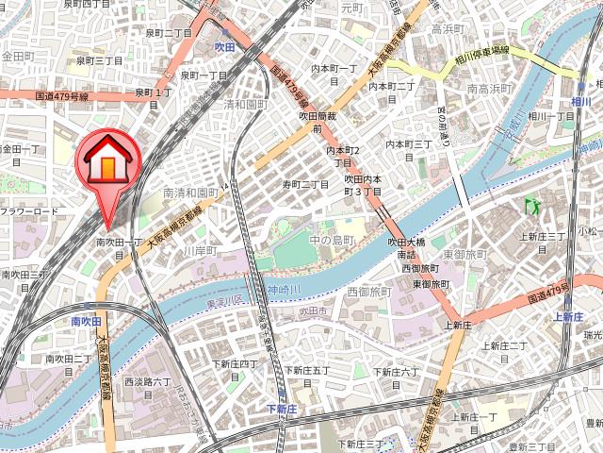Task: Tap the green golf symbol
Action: (529, 204)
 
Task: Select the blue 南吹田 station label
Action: (86, 322)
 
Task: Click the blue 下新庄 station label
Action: (281, 409)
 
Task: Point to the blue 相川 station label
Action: (580, 101)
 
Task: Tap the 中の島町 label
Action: (330, 241)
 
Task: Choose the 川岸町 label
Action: (199, 251)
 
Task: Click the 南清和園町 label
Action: (191, 192)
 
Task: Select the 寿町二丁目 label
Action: (306, 184)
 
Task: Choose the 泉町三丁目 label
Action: (99, 60)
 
